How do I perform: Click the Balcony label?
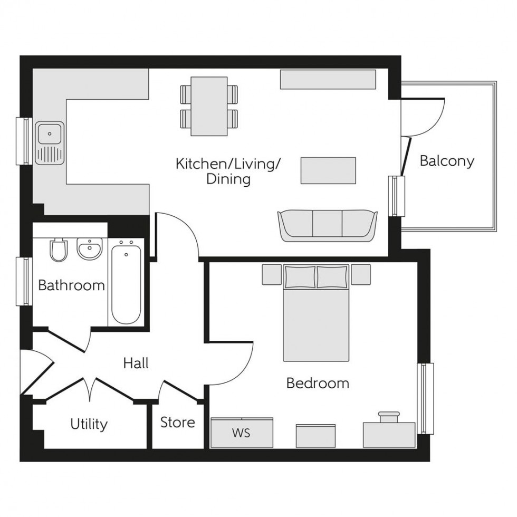[447, 161]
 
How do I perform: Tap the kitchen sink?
[50, 142]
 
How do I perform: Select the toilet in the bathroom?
[59, 250]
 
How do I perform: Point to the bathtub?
[126, 282]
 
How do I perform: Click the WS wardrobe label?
[241, 434]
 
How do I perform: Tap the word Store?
[177, 422]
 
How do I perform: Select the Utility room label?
[89, 424]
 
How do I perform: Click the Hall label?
[136, 363]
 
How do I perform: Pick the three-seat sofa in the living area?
[328, 225]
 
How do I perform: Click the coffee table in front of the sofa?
[328, 170]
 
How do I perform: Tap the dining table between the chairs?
[209, 106]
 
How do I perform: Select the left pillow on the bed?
[300, 276]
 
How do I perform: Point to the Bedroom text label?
[317, 383]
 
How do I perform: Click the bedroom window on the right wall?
[425, 398]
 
